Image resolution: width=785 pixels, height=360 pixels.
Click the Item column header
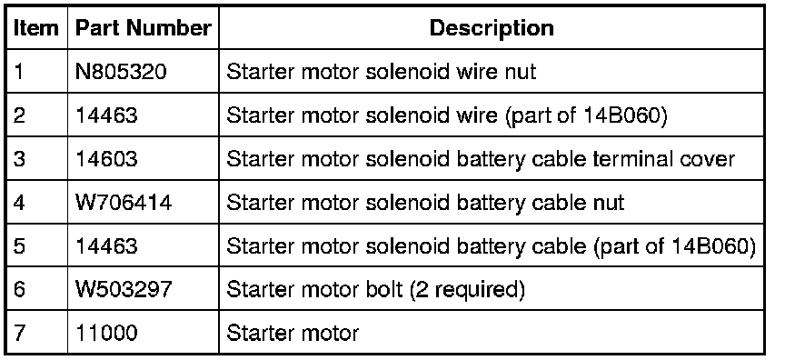(35, 28)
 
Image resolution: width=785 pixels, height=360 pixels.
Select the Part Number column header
(144, 28)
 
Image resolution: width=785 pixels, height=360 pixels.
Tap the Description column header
(492, 28)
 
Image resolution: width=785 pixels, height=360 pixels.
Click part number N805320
(121, 72)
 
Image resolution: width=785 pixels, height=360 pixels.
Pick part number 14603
(106, 159)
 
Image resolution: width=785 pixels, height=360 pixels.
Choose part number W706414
(124, 203)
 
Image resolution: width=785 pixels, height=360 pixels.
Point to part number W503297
(124, 289)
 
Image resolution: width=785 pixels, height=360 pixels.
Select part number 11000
(106, 333)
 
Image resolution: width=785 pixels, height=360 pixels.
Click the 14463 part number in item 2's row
(106, 115)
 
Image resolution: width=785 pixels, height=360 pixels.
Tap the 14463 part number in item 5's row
(106, 245)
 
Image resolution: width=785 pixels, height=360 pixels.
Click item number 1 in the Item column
(18, 72)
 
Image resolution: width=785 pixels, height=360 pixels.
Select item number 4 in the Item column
(18, 203)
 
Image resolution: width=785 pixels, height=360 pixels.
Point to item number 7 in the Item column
(18, 333)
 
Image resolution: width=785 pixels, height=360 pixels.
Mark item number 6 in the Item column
(18, 289)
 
